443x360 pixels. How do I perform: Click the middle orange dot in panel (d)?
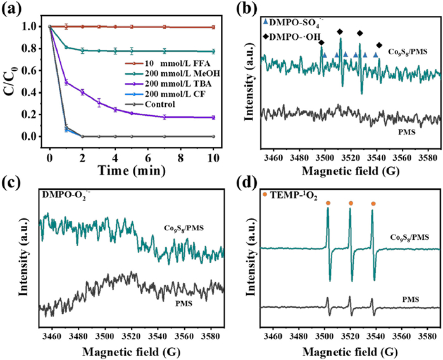(351, 203)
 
